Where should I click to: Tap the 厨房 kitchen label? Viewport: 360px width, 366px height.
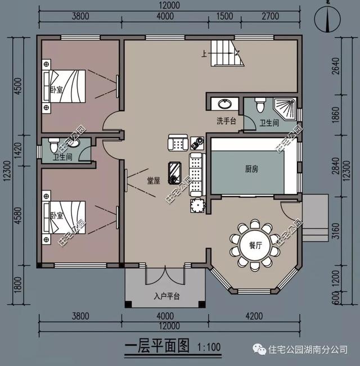[251, 168]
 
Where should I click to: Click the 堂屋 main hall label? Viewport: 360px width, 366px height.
[154, 181]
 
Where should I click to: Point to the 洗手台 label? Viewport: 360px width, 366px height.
[226, 121]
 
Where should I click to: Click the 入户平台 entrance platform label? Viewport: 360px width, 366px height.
[166, 296]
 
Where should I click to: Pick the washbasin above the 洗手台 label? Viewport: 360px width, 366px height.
[224, 105]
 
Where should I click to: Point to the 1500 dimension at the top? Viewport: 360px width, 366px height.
[225, 16]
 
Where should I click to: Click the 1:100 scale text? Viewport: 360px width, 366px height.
[209, 346]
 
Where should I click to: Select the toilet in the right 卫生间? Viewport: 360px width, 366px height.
[260, 105]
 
